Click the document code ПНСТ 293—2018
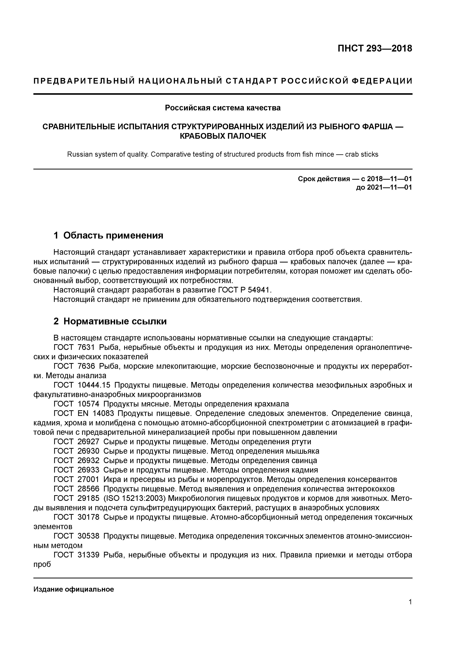point(375,48)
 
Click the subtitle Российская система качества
point(223,108)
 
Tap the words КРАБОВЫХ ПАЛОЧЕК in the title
point(223,136)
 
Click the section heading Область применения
point(113,235)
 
